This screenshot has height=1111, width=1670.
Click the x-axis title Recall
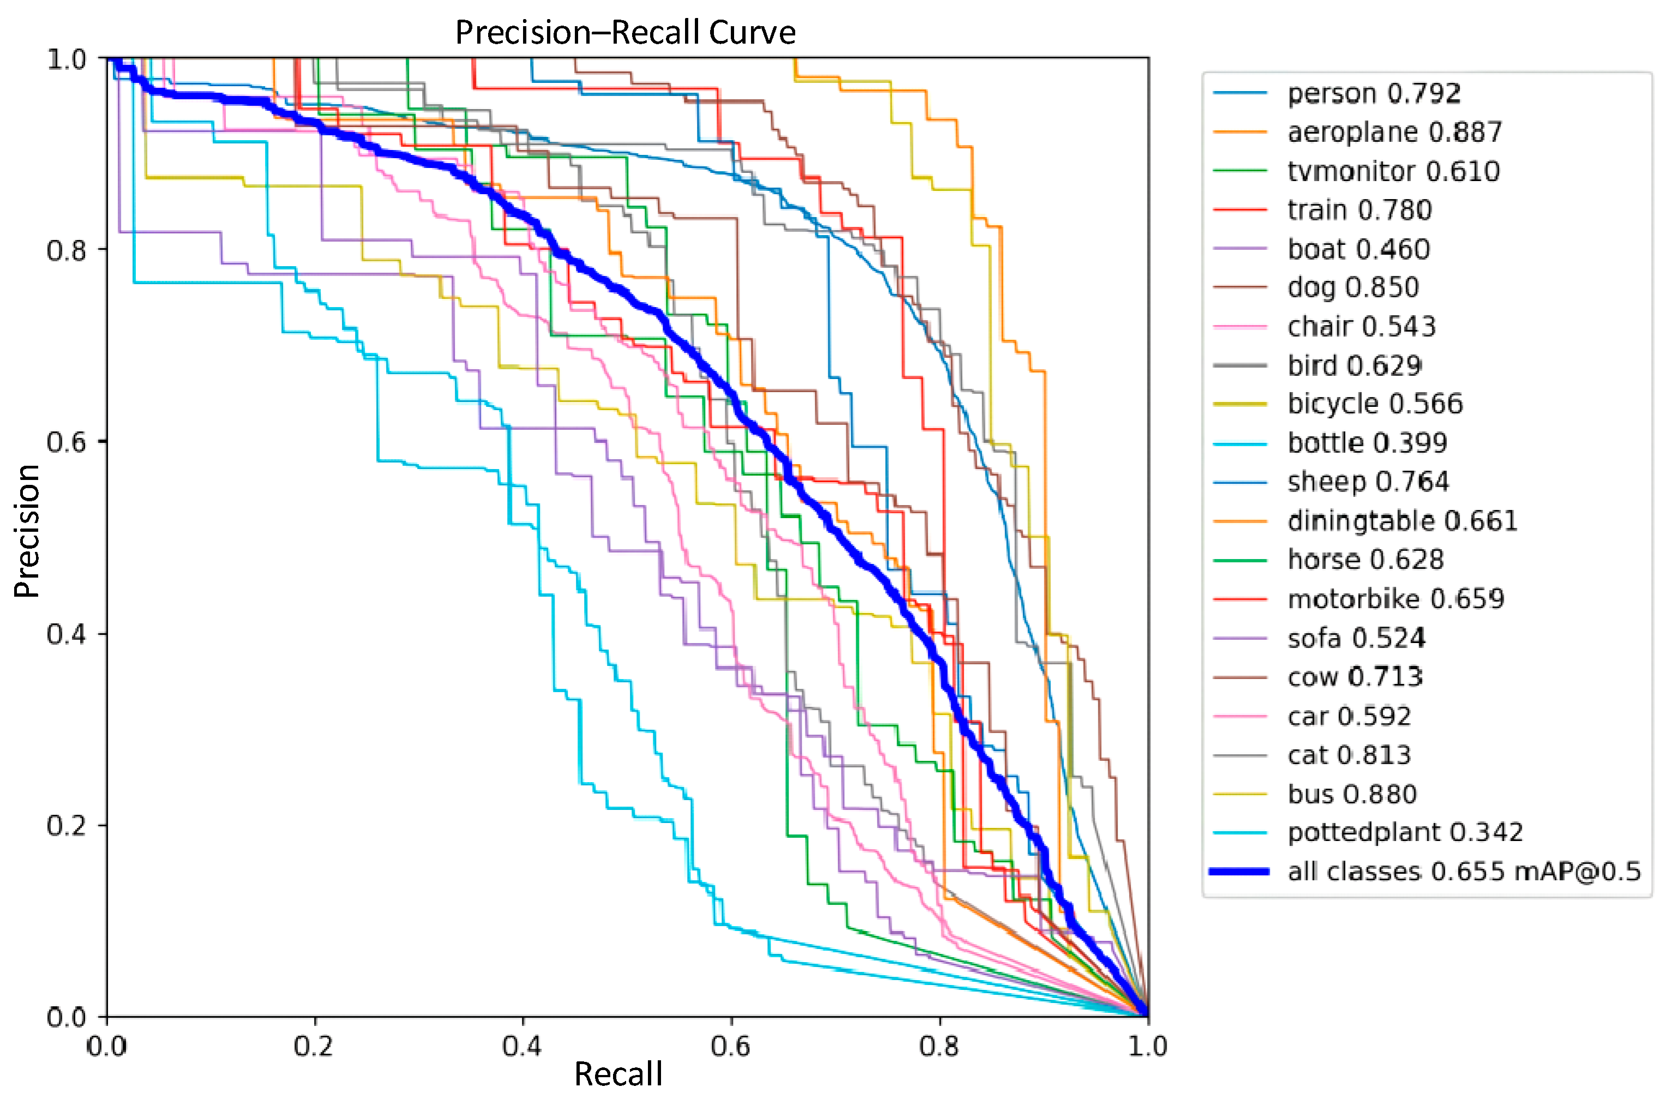tap(618, 1074)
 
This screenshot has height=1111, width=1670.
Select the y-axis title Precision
tap(27, 531)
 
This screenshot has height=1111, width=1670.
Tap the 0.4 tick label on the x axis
tap(521, 1046)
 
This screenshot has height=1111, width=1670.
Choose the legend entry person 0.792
tap(1373, 93)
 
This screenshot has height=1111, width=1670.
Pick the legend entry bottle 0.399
tap(1367, 443)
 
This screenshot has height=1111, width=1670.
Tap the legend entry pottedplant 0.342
tap(1404, 832)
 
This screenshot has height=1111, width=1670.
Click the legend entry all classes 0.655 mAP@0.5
tap(1463, 871)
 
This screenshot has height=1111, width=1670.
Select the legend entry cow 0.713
tap(1354, 677)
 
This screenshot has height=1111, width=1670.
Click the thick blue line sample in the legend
tap(1239, 871)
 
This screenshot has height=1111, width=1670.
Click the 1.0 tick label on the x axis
tap(1147, 1046)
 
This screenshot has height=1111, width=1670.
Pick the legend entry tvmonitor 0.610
tap(1393, 171)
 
